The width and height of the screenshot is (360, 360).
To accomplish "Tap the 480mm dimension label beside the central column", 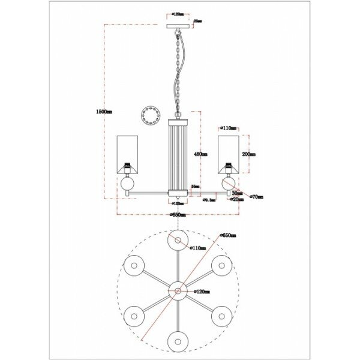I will (x=200, y=154).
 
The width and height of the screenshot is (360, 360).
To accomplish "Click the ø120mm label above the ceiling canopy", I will (x=178, y=12).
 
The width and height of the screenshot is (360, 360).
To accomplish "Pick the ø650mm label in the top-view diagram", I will (x=228, y=236).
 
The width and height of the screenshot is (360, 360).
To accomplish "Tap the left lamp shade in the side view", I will (x=127, y=153).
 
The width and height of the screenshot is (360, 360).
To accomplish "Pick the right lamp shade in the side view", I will (x=229, y=153).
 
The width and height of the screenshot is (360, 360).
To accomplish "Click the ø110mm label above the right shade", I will (x=229, y=128).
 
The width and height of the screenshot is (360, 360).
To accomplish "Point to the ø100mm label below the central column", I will (x=178, y=204).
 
